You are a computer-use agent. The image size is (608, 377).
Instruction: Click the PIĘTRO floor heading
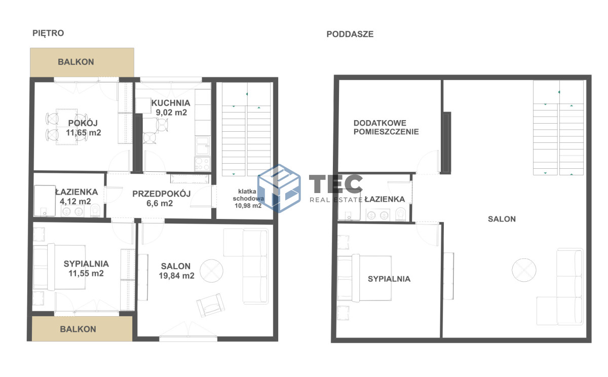coord(48,33)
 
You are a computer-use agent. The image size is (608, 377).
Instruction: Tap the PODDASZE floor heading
coord(350,34)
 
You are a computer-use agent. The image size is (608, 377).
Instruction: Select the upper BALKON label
coord(76,62)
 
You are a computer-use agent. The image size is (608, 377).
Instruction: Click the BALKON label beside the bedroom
coord(78,329)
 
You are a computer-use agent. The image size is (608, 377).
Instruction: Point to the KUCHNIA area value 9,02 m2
coord(171,112)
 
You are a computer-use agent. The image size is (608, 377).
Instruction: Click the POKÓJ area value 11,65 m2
coord(83,133)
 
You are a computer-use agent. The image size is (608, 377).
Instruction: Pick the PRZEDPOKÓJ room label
coord(162,194)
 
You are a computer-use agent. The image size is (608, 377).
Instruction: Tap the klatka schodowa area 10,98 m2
coord(248,206)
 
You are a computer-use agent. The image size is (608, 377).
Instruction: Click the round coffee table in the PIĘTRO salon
coord(211,271)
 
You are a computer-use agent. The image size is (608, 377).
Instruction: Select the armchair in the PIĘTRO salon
coord(211,306)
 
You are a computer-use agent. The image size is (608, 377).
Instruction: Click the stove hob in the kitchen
coord(202,164)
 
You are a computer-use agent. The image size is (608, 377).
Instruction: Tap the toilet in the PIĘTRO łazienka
coord(95,211)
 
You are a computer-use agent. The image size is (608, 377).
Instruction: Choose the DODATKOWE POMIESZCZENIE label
coord(386,127)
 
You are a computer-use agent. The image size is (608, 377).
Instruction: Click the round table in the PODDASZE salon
coord(524,270)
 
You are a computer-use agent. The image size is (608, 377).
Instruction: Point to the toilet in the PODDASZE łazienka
coord(400,214)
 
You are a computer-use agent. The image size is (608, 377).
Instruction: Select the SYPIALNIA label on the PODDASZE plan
coord(389,279)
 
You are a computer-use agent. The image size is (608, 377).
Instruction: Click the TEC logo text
coord(336,184)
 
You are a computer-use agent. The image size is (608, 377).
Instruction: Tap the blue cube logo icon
coord(279,188)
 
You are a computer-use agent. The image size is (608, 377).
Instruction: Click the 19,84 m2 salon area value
coord(176,276)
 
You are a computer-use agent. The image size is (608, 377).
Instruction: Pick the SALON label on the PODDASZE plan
coord(502,219)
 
